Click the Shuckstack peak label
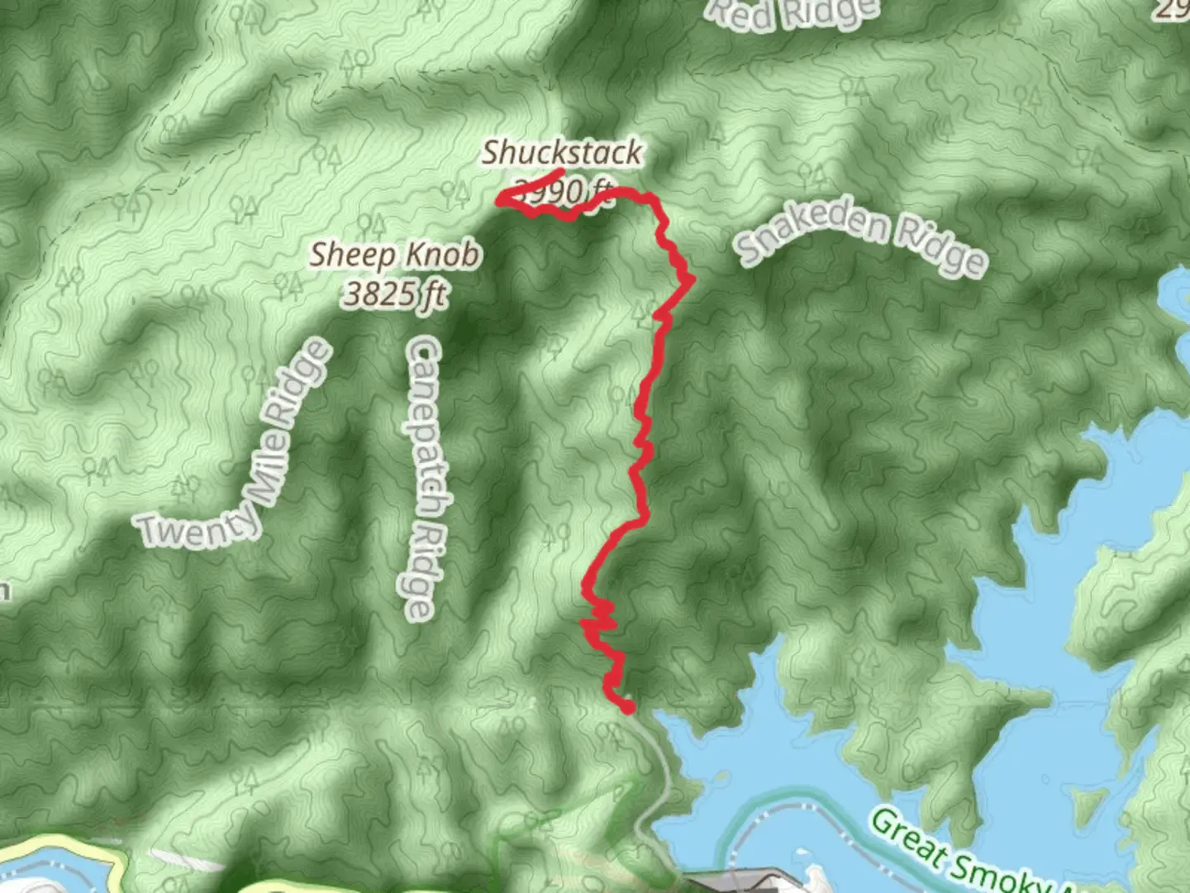coord(562,152)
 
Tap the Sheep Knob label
coord(394,255)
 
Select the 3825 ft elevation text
coord(394,294)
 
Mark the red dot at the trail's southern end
coord(627,707)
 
